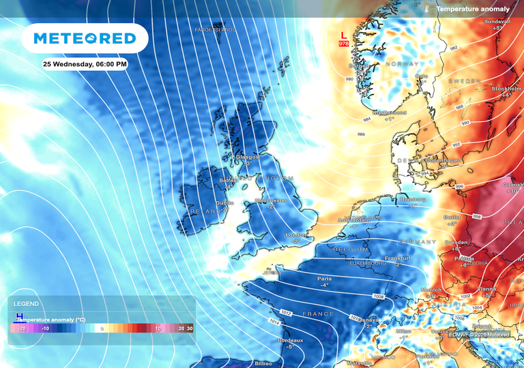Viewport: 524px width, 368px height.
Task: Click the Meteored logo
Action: [x=85, y=38]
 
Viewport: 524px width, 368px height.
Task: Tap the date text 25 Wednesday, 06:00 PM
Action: [x=85, y=64]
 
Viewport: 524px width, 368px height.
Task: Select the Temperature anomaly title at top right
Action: [x=473, y=10]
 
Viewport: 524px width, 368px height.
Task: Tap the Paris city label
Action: [x=324, y=279]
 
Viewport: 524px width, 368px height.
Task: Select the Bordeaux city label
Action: [x=290, y=340]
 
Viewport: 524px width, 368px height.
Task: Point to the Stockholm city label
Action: [x=506, y=89]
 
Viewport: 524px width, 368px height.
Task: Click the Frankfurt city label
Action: [x=397, y=259]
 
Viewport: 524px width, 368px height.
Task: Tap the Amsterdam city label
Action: [x=353, y=221]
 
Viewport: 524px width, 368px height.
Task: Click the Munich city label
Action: [x=431, y=290]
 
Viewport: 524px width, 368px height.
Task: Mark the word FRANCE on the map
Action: [x=318, y=314]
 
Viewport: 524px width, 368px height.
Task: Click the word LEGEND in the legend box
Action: [x=26, y=304]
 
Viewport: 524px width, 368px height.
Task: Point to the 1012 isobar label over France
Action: [x=286, y=313]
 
